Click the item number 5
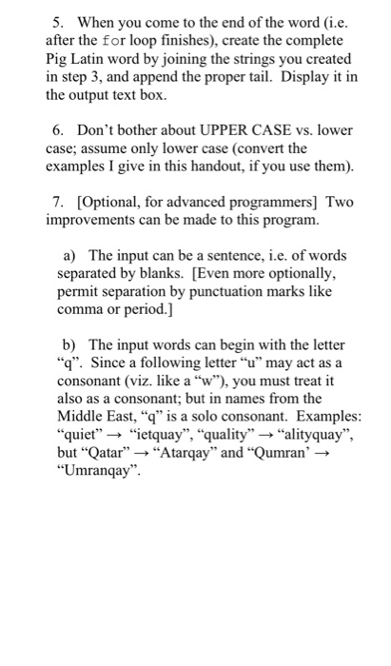[x=57, y=21]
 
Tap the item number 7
[x=57, y=202]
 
